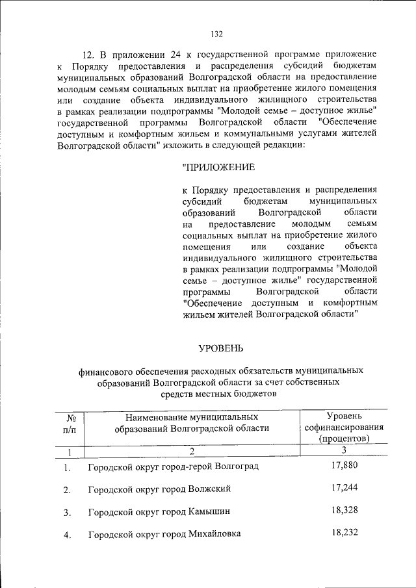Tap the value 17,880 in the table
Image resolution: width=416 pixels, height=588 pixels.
(x=344, y=465)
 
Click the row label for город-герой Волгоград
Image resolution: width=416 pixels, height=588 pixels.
(x=173, y=468)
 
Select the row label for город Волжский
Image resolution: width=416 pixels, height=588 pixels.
(x=159, y=489)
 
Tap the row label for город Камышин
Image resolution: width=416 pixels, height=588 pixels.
(x=158, y=512)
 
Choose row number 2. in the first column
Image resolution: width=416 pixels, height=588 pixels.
(x=67, y=491)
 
